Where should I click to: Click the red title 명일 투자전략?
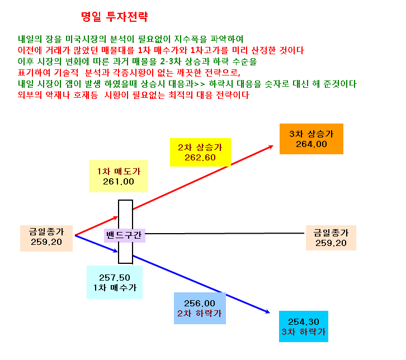[x=114, y=17]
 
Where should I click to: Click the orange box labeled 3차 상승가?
[x=311, y=139]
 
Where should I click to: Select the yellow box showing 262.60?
[x=200, y=152]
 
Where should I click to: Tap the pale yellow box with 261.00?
[x=119, y=176]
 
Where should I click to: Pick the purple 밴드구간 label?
[x=124, y=235]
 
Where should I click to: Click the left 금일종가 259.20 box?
[x=46, y=238]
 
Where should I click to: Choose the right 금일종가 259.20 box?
[x=331, y=238]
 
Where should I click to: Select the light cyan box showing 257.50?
[x=115, y=282]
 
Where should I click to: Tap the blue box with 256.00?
[x=200, y=308]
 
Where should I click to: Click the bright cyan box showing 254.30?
[x=304, y=326]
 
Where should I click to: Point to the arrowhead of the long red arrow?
[x=271, y=146]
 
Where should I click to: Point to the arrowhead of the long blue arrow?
[x=268, y=312]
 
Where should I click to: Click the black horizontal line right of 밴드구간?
[x=225, y=234]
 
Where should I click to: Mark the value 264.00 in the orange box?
[x=311, y=144]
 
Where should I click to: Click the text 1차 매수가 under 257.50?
[x=115, y=287]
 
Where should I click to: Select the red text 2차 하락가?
[x=200, y=314]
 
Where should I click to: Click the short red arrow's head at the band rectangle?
[x=116, y=217]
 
